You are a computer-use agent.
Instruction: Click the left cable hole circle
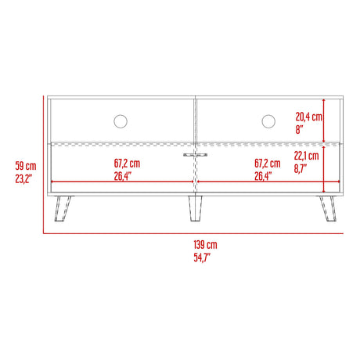coord(121,121)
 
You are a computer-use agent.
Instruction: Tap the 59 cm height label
coord(25,166)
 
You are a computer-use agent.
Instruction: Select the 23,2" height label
coord(25,178)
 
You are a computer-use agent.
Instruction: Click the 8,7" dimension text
coord(301,167)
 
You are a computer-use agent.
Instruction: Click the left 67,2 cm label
coord(126,164)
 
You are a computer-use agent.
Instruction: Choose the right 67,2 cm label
coord(268,164)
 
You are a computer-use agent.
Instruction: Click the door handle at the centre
coord(193,155)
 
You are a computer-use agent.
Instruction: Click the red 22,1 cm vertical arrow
coord(323,167)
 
